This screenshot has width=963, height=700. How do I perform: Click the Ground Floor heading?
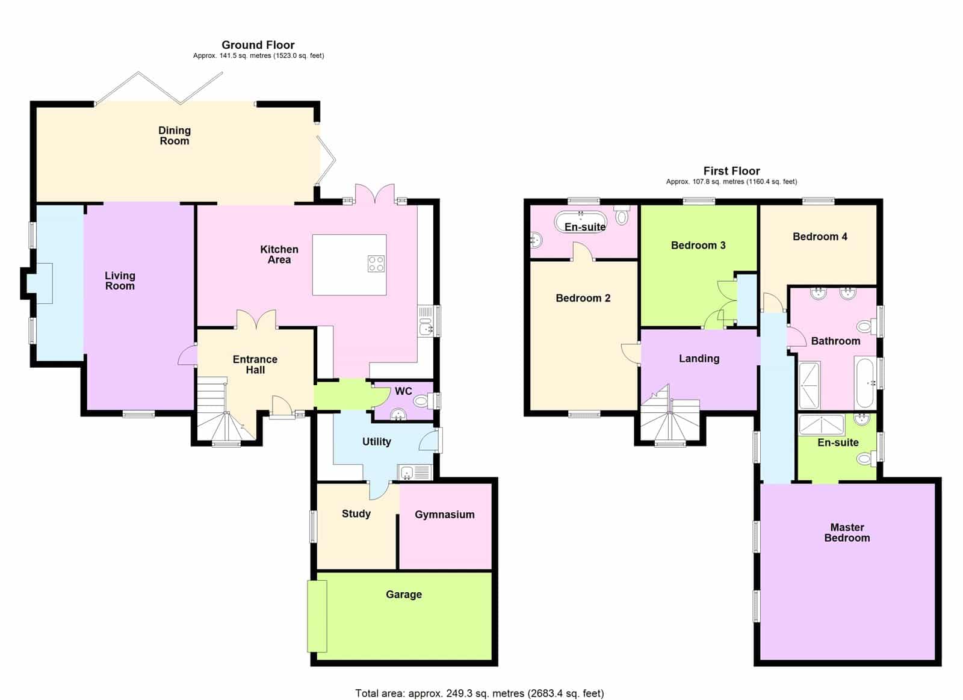coord(258,45)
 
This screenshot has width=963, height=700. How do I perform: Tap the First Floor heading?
coord(731,171)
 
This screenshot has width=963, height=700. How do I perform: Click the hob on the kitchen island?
coord(376,264)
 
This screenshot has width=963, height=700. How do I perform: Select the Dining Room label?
coord(174,135)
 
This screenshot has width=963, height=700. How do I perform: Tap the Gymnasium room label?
coord(445,515)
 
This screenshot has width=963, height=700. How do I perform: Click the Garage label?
coord(404,594)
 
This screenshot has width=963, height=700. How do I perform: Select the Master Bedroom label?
coord(847,532)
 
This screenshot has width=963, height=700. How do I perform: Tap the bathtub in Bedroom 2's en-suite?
coord(580,223)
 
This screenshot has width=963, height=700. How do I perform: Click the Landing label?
coord(699,358)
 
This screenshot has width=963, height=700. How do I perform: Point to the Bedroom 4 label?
coord(820,237)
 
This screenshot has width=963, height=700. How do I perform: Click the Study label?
coord(356,514)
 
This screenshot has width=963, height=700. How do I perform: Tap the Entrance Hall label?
coord(255,365)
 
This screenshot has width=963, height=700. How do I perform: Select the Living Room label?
coord(120,280)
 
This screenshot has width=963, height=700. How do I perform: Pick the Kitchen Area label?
coord(279,255)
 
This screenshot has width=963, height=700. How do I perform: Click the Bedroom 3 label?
coord(698,245)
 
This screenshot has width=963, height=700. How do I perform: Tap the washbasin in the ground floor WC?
coord(398,415)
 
